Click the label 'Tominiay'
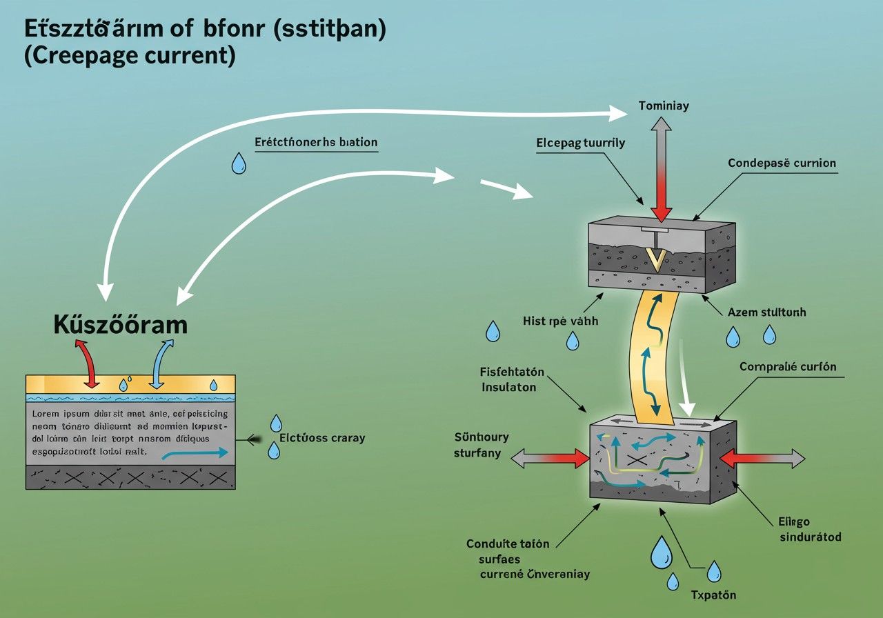664,106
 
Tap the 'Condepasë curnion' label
782,163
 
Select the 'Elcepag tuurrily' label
580,143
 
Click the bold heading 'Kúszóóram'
120,325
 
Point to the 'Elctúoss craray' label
321,437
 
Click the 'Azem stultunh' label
766,312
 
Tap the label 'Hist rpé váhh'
561,321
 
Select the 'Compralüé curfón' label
788,367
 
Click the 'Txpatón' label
713,595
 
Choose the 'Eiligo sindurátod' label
810,529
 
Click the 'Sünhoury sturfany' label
482,445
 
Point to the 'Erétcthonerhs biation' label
316,143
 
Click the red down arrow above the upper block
662,201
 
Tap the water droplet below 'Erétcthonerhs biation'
239,163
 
